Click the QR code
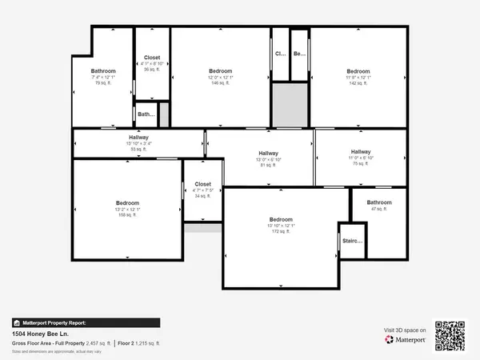click(x=450, y=334)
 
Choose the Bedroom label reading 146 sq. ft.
click(x=221, y=77)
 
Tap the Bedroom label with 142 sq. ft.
click(x=358, y=77)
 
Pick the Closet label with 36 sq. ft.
click(x=152, y=63)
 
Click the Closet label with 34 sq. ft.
click(x=202, y=190)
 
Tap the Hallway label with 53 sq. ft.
click(x=138, y=143)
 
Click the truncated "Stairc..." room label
click(x=353, y=241)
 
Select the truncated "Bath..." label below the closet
click(x=146, y=114)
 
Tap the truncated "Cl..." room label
click(x=280, y=54)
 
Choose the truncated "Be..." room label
click(x=299, y=54)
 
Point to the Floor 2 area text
click(x=139, y=342)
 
